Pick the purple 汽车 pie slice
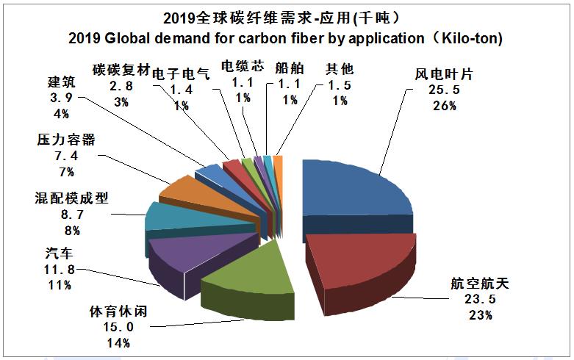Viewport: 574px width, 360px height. (184, 253)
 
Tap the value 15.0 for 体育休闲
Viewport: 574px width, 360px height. (118, 327)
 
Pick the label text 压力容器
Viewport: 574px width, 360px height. (66, 140)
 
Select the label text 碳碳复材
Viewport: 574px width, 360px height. (121, 71)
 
